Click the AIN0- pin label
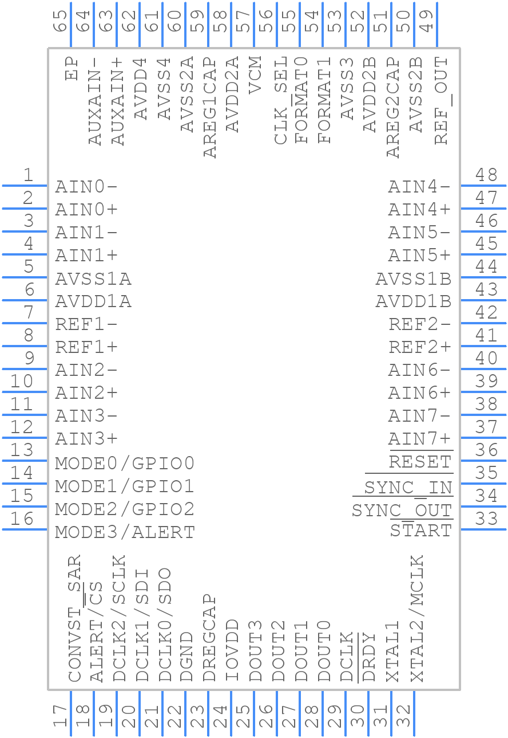pyautogui.click(x=86, y=187)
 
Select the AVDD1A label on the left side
pyautogui.click(x=93, y=301)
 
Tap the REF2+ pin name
pyautogui.click(x=420, y=347)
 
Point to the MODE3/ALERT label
pyautogui.click(x=125, y=532)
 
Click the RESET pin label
pyautogui.click(x=420, y=462)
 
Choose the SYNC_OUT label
pyautogui.click(x=402, y=510)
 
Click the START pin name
pyautogui.click(x=420, y=531)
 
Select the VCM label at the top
pyautogui.click(x=255, y=74)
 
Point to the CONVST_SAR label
pyautogui.click(x=74, y=618)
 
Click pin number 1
pyautogui.click(x=27, y=175)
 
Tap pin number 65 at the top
pyautogui.click(x=60, y=22)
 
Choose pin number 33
pyautogui.click(x=487, y=519)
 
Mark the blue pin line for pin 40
pyautogui.click(x=483, y=369)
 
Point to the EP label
pyautogui.click(x=72, y=68)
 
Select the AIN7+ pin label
pyautogui.click(x=420, y=439)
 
